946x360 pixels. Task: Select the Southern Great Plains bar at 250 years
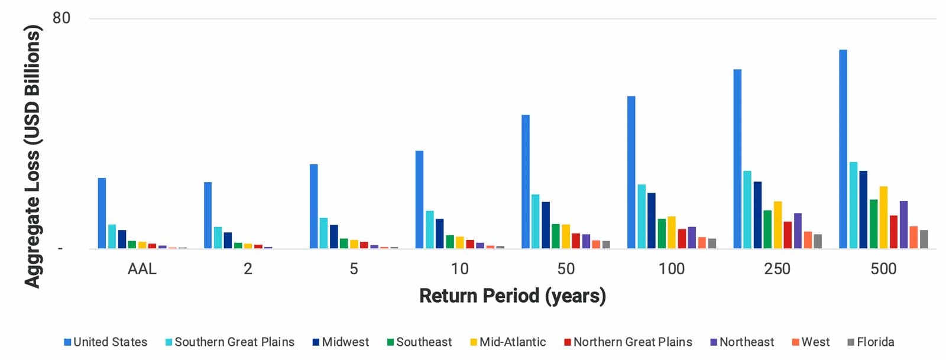(747, 210)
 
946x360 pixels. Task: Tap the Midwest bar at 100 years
(652, 220)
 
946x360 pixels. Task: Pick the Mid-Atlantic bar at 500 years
(883, 218)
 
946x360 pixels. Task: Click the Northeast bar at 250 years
(798, 231)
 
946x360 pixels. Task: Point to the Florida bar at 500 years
(924, 239)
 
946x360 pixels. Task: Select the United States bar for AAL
(102, 213)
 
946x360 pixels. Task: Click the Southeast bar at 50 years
(556, 236)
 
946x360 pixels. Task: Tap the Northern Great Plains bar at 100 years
(682, 238)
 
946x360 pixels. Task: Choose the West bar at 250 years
(808, 239)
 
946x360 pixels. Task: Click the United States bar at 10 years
(419, 199)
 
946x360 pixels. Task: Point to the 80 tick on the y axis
(61, 18)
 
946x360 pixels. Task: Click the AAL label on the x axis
(142, 269)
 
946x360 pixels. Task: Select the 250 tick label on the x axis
(777, 269)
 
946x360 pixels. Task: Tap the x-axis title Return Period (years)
(512, 296)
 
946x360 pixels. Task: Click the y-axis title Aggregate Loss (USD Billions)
(33, 156)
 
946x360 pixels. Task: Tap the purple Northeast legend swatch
(714, 342)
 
